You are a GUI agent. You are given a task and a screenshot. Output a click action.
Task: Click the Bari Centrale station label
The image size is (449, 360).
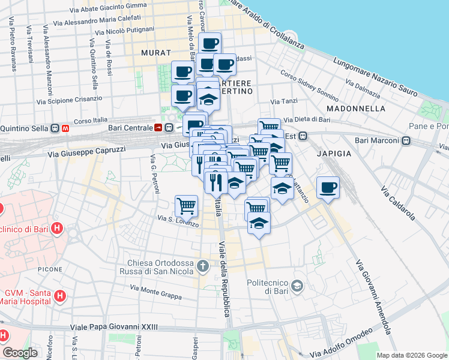coord(130,127)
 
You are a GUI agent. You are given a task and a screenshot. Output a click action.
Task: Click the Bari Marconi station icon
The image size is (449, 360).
coord(406,141)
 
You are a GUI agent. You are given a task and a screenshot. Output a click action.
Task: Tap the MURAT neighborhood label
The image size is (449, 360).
coord(151,53)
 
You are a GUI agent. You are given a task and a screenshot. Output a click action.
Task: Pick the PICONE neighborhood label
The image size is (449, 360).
coord(50,270)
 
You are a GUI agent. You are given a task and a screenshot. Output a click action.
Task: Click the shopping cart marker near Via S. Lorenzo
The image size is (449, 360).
coord(187,206)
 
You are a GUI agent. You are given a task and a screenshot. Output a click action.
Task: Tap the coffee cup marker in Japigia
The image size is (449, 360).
coord(328,187)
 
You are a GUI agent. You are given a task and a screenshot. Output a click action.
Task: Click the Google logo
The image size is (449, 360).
coord(20,353)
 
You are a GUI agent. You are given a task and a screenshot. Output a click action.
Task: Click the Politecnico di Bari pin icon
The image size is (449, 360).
coord(297,284)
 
